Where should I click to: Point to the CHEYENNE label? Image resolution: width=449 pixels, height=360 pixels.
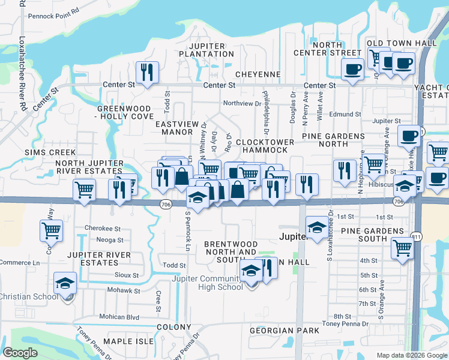258,74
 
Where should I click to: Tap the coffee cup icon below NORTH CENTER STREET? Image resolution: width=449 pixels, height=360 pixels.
352,68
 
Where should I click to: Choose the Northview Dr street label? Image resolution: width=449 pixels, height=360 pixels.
243,103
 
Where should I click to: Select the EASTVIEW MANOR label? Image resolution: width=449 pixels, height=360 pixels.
177,128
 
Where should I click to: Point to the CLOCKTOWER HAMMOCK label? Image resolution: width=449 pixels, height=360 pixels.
265,147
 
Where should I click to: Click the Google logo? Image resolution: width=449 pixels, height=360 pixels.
20,353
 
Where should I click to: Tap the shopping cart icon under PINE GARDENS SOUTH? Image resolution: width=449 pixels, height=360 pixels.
402,248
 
